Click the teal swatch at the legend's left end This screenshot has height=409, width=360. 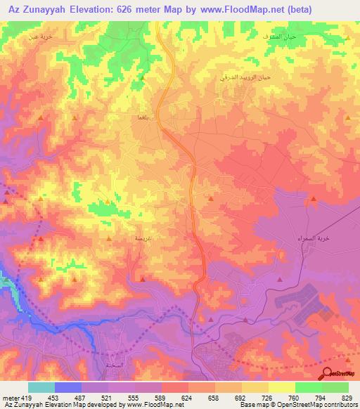pos(41,387)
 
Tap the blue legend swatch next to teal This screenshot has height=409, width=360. pos(68,387)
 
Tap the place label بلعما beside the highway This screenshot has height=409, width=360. pos(139,118)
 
